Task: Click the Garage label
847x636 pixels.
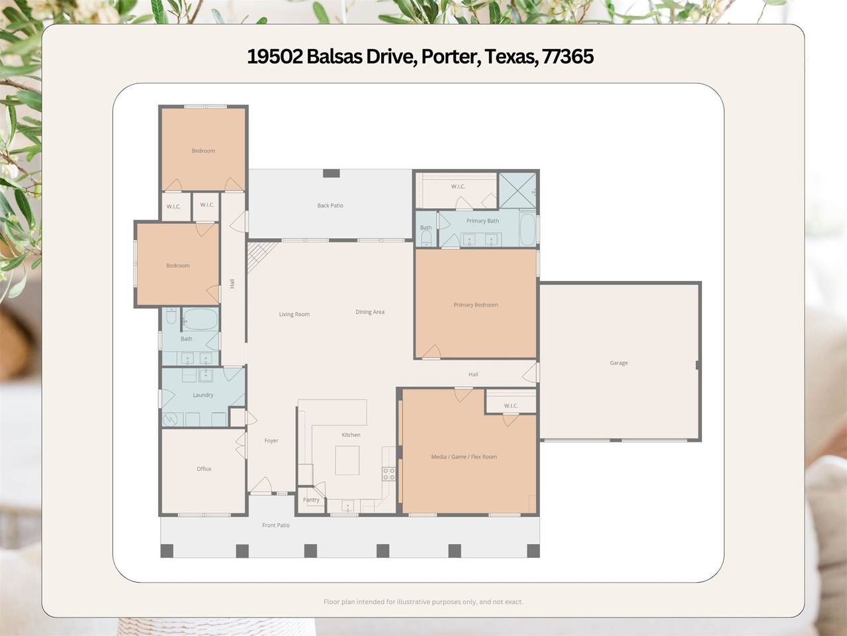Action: (619, 363)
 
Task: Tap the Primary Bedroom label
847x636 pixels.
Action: (476, 305)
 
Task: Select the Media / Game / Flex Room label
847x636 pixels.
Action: (464, 457)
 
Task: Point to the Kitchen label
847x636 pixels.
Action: (351, 435)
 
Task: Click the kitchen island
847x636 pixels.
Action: (347, 460)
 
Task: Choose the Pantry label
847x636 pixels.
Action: (311, 500)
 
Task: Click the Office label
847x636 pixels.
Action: (204, 469)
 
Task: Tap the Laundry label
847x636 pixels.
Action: (203, 395)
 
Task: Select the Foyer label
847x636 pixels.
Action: (271, 441)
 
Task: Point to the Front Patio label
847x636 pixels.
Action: (276, 525)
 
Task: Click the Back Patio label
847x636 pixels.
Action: (330, 205)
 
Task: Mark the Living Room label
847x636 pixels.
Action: (294, 315)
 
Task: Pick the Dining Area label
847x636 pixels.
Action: (370, 312)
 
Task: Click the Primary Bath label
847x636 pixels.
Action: (482, 221)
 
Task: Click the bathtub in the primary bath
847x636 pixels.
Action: (527, 229)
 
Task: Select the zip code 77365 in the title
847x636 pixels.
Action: (568, 57)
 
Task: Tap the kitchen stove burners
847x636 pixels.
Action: (389, 473)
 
